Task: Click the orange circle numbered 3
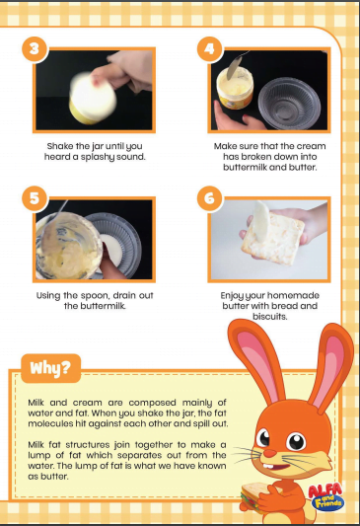coord(35,49)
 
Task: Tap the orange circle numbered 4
coord(209,49)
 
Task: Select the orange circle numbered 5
coord(35,198)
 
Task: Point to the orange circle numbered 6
coord(209,198)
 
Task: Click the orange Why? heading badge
coord(50,368)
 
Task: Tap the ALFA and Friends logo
coord(325,496)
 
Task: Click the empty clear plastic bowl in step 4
coord(289,104)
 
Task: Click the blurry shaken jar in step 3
coord(92,98)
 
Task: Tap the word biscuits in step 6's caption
coord(270,317)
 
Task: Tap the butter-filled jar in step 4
coord(235,88)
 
